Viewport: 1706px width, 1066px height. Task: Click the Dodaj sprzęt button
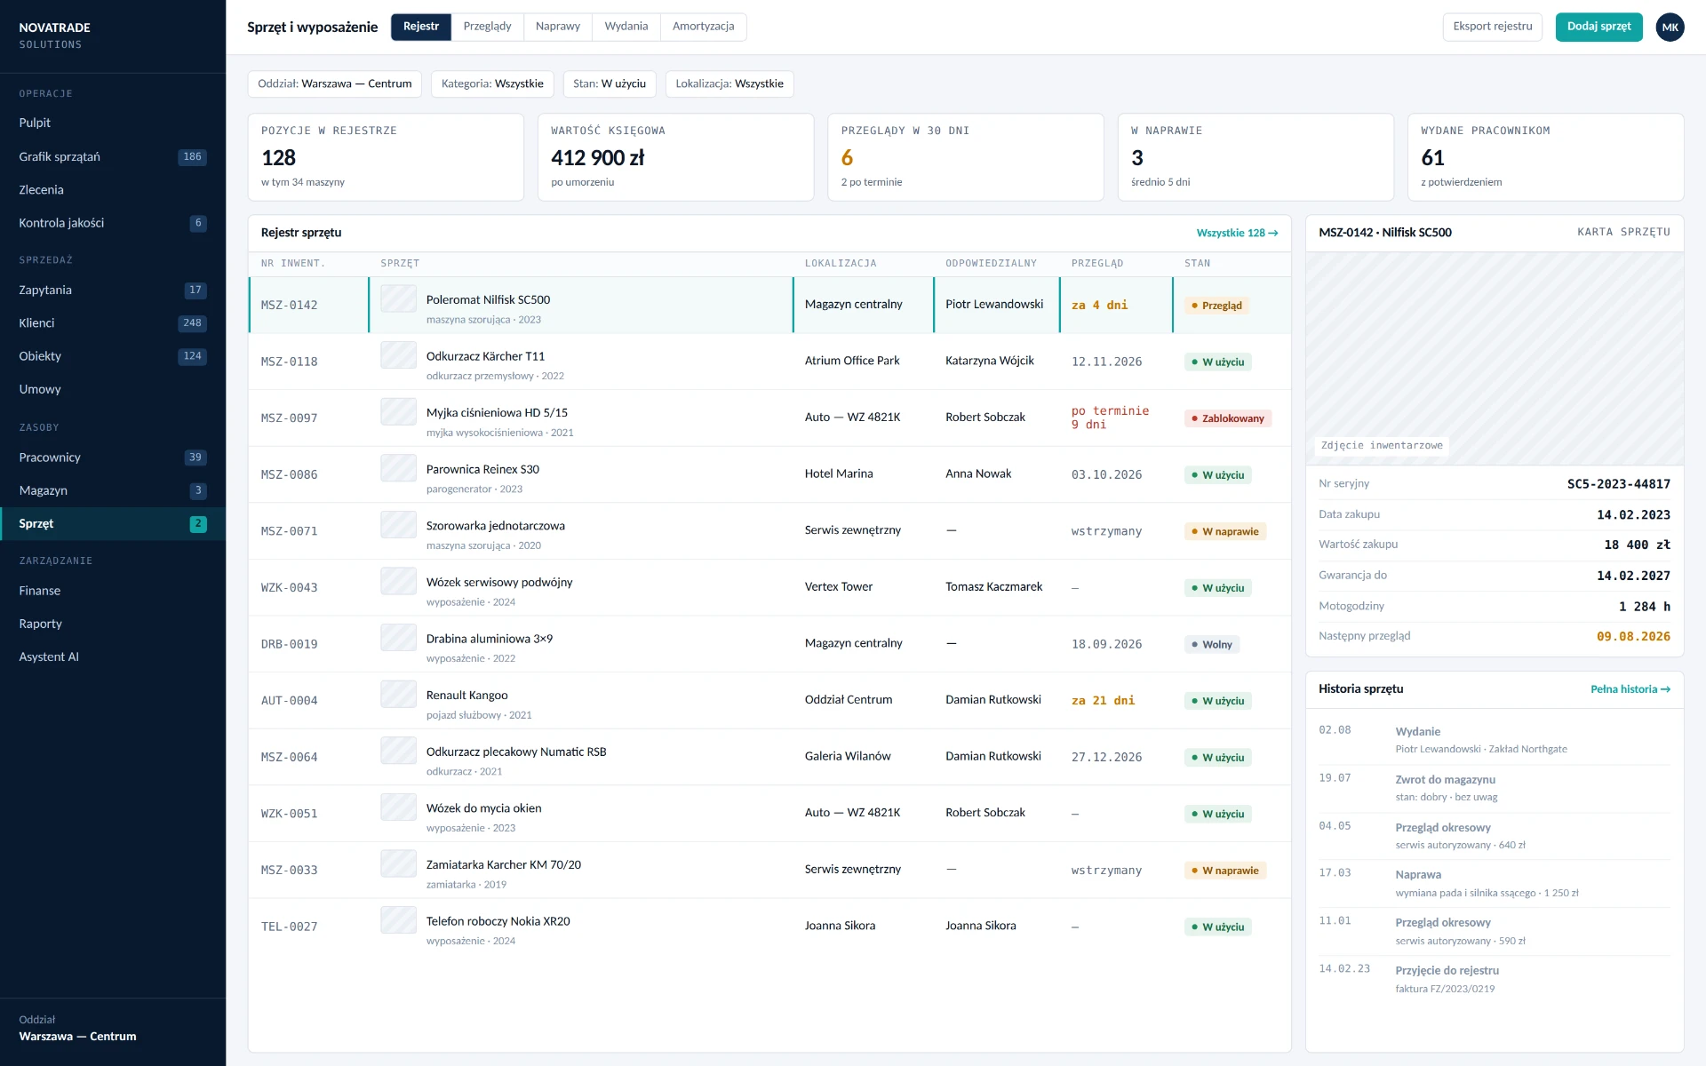[1598, 27]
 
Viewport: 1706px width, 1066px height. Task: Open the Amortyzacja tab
[703, 27]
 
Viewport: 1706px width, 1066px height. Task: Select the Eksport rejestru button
[1492, 27]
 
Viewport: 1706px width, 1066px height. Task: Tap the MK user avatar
[1670, 28]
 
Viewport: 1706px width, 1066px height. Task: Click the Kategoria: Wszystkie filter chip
[492, 84]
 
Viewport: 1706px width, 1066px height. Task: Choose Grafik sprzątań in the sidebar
[60, 157]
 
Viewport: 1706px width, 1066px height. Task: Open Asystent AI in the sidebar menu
[49, 657]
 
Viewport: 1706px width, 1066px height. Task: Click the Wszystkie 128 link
[1237, 234]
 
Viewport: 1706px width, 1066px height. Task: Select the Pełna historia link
[1630, 689]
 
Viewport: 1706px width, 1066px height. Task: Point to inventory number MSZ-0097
[289, 418]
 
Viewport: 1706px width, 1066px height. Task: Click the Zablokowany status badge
[1228, 418]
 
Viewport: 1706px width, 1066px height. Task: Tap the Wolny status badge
[1212, 645]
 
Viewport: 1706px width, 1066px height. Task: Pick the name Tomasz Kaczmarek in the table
[993, 587]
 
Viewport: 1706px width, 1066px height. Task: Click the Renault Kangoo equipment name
[466, 696]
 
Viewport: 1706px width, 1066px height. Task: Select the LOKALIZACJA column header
[841, 264]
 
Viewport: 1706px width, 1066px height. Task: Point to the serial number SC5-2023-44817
[1618, 484]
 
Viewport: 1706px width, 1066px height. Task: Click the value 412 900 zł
[598, 158]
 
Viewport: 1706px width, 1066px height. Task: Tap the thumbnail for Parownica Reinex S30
[398, 468]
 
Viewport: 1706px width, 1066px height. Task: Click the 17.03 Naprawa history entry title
[1418, 875]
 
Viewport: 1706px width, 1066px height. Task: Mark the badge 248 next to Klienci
[192, 323]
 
